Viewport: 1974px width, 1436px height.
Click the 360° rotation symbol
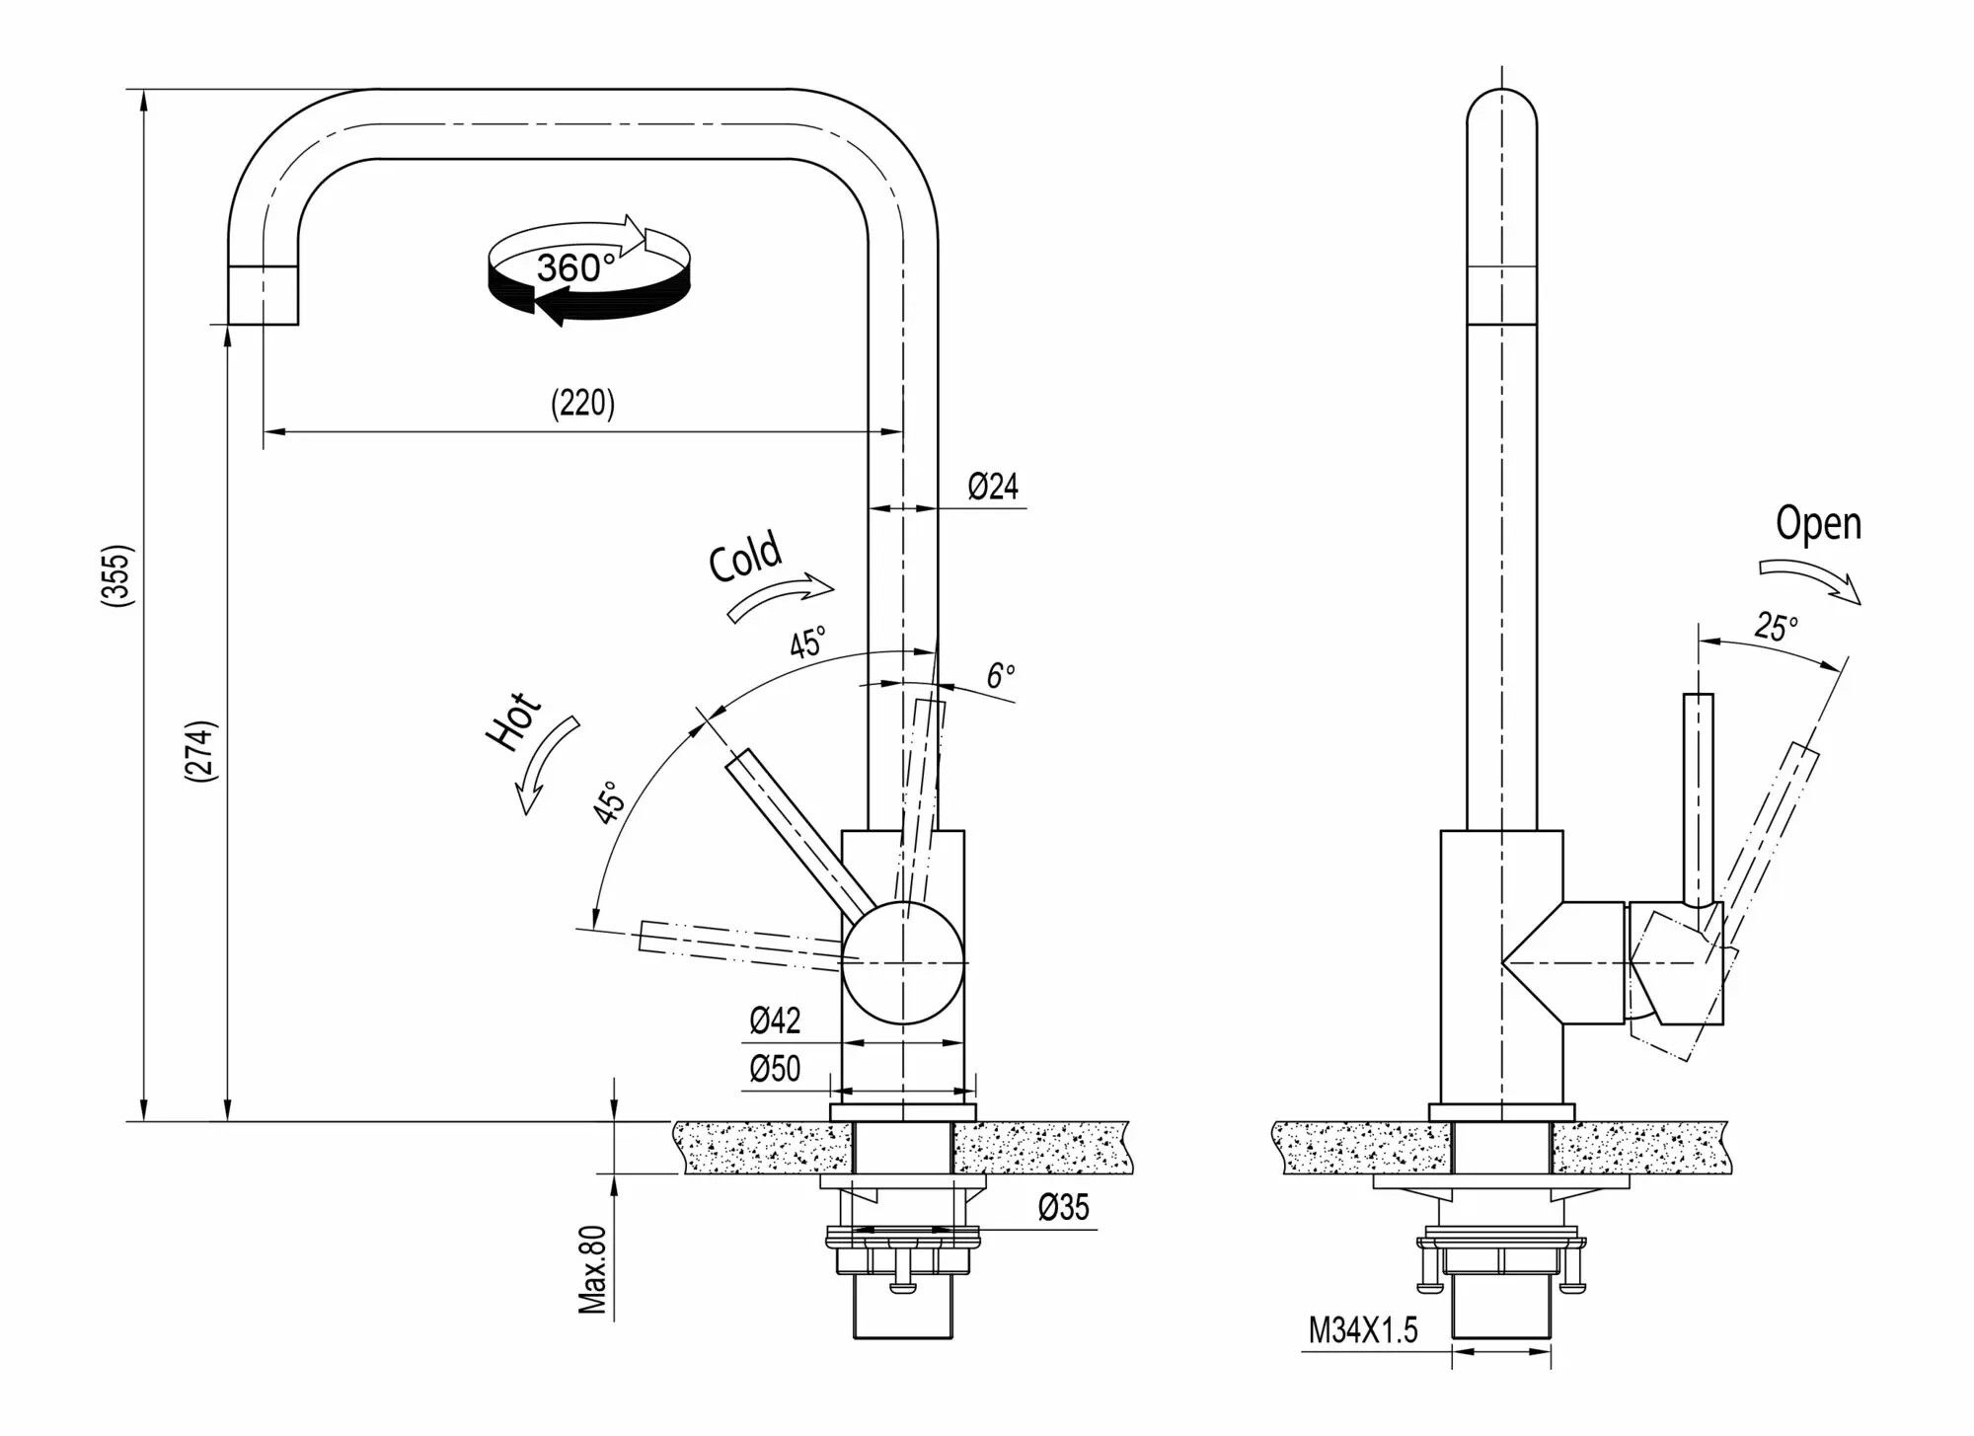[x=589, y=268]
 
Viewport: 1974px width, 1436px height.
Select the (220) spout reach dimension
[x=582, y=404]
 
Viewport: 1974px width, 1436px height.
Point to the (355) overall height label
[x=116, y=574]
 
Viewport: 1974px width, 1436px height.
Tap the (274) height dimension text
[x=200, y=752]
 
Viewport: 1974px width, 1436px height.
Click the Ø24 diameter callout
[x=992, y=487]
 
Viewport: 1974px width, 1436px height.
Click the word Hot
[x=514, y=720]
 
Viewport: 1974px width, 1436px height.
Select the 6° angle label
[x=1000, y=676]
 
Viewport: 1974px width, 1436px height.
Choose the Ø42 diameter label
[x=775, y=1020]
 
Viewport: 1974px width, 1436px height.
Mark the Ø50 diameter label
[x=775, y=1069]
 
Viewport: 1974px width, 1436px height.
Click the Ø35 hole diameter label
[x=1063, y=1207]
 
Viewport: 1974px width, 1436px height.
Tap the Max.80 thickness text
[x=592, y=1269]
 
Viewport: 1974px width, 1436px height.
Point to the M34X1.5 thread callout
[x=1363, y=1330]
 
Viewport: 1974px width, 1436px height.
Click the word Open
[x=1818, y=523]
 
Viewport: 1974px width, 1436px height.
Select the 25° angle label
[x=1776, y=626]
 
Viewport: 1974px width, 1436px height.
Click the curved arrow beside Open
[x=1812, y=580]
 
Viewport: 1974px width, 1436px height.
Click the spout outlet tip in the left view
[x=264, y=296]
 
